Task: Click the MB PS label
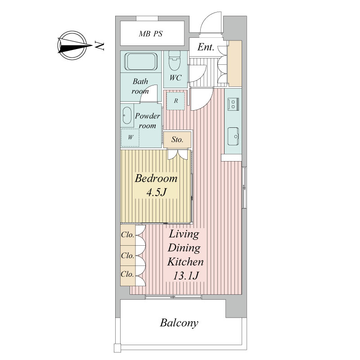[x=151, y=34]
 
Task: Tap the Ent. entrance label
[x=206, y=47]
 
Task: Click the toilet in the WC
[x=175, y=61]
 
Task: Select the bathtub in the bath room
[x=141, y=62]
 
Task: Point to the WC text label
[x=175, y=78]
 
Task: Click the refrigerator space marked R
[x=175, y=101]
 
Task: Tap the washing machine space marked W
[x=130, y=138]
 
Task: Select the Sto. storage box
[x=177, y=139]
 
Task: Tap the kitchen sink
[x=233, y=136]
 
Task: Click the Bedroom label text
[x=156, y=178]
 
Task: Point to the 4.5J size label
[x=156, y=193]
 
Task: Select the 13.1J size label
[x=185, y=276]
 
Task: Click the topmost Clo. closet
[x=128, y=235]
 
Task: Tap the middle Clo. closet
[x=128, y=256]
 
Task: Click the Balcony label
[x=179, y=323]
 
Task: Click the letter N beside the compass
[x=99, y=46]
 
